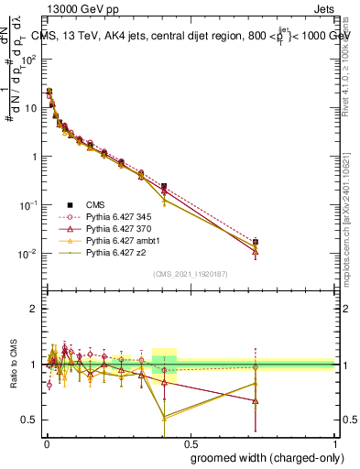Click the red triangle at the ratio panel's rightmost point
[256, 401]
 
